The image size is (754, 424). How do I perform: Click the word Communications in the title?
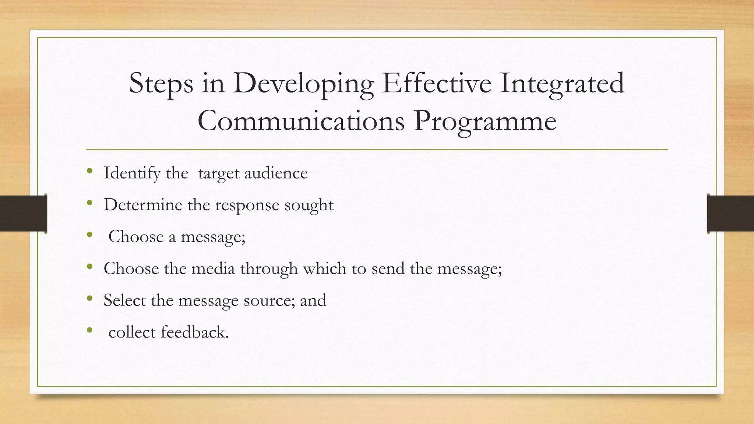click(301, 121)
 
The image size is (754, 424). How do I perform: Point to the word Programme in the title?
click(485, 121)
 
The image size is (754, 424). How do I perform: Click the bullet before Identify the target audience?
click(89, 171)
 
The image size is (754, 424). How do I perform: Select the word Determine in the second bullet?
click(143, 205)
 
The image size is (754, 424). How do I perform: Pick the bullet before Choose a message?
click(89, 234)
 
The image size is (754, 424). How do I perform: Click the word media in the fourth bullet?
click(213, 268)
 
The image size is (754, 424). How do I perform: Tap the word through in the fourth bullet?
click(269, 269)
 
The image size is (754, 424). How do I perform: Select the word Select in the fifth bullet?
click(124, 300)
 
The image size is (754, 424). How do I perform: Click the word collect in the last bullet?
click(132, 332)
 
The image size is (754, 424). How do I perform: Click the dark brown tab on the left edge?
click(23, 213)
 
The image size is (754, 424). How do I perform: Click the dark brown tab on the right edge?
click(730, 213)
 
